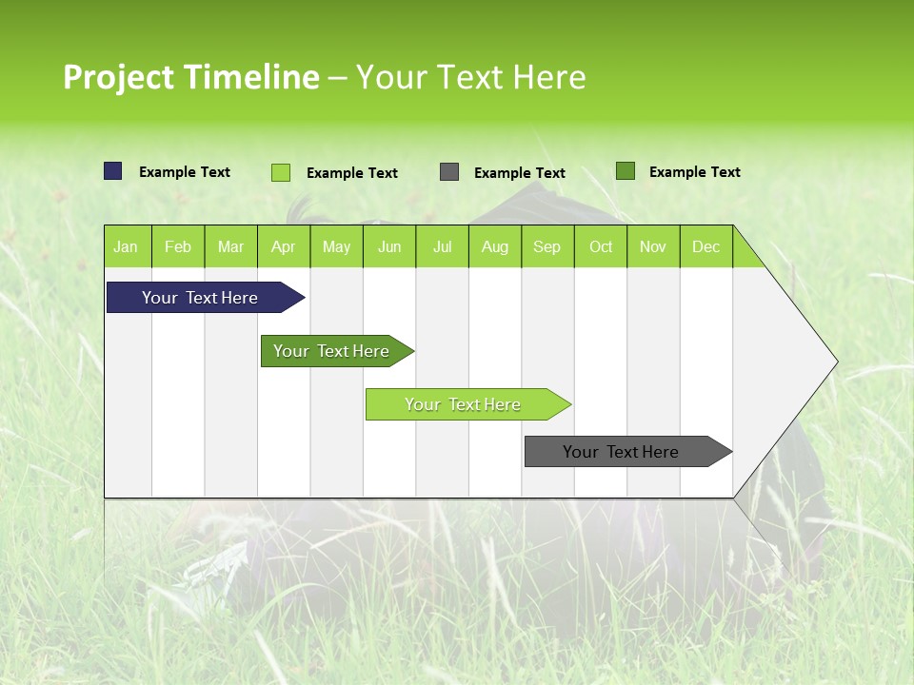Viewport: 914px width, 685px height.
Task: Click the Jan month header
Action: tap(126, 246)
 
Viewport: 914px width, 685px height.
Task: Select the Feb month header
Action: tap(178, 246)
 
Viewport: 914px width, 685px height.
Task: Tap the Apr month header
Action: tap(283, 246)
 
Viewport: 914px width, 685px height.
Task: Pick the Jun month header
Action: tap(389, 246)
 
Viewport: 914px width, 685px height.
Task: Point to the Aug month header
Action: tap(494, 246)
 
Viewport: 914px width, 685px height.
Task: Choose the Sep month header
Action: tap(546, 246)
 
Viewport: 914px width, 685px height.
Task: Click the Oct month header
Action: tap(601, 246)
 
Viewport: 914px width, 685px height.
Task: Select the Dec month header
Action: tap(705, 246)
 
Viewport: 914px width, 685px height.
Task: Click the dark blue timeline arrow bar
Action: tap(200, 298)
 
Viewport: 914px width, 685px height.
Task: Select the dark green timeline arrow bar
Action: tap(331, 351)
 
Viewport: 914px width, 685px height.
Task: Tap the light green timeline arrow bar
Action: tap(463, 404)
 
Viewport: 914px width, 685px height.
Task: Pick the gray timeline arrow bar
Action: tap(621, 452)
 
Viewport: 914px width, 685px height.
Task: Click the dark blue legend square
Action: tap(113, 171)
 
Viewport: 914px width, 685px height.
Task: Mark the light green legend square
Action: tap(281, 172)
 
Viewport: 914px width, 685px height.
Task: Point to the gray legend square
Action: tap(449, 172)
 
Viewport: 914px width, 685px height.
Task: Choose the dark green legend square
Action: tap(626, 171)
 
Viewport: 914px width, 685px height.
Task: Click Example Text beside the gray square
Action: tap(519, 173)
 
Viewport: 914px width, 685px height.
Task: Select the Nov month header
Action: tap(653, 246)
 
